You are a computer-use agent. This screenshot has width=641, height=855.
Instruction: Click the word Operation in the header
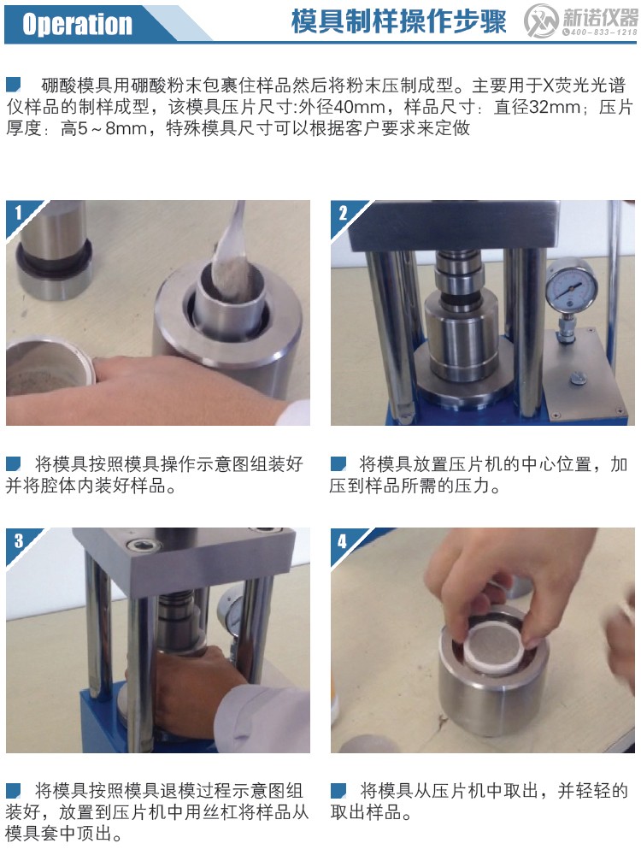pos(77,24)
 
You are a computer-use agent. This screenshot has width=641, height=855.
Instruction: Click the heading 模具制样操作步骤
pos(398,22)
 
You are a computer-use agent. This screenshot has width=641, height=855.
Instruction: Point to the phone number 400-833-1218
pos(603,32)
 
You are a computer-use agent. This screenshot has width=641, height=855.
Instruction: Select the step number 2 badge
pos(343,212)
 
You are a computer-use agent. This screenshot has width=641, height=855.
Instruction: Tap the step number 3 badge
pos(18,540)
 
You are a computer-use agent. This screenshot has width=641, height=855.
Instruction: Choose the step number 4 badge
pos(343,540)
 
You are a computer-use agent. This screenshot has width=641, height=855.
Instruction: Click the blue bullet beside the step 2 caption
pos(338,464)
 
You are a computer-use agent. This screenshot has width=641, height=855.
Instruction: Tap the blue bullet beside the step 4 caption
pos(338,790)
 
